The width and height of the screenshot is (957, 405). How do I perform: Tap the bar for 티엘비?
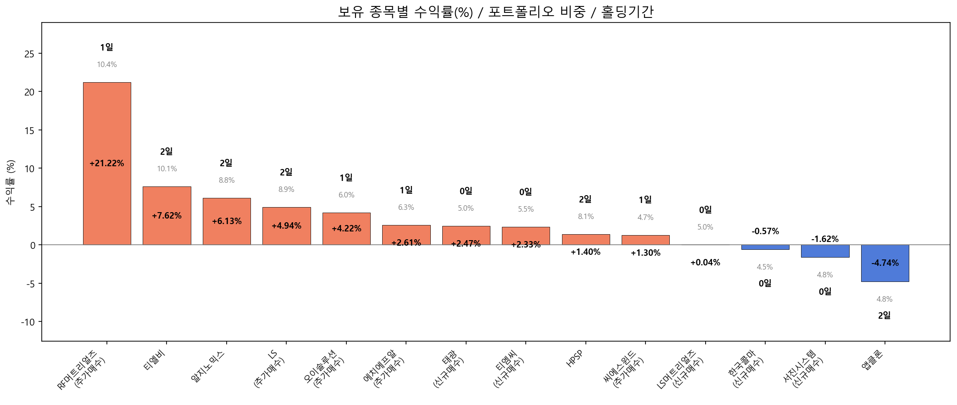(167, 197)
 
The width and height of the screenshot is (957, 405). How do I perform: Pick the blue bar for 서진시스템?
(825, 251)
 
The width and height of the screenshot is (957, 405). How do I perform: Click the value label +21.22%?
(106, 163)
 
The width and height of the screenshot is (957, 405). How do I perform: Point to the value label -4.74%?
(885, 263)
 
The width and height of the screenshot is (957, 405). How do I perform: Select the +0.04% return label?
(705, 263)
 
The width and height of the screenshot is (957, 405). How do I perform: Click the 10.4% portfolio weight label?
(106, 65)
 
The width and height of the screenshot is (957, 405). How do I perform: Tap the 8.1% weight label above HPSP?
(585, 217)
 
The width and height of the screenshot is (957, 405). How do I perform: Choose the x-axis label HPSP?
(575, 359)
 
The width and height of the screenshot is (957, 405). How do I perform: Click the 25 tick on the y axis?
(29, 54)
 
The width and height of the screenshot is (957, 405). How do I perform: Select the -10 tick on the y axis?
(28, 322)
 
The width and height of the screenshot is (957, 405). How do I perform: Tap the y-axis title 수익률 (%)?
(11, 182)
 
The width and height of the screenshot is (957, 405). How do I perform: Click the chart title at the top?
(495, 12)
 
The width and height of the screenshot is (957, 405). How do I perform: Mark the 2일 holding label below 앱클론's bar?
(884, 315)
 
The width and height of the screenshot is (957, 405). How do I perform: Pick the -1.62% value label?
(824, 239)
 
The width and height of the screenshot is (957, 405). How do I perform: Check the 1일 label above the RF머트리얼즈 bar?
(106, 47)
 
